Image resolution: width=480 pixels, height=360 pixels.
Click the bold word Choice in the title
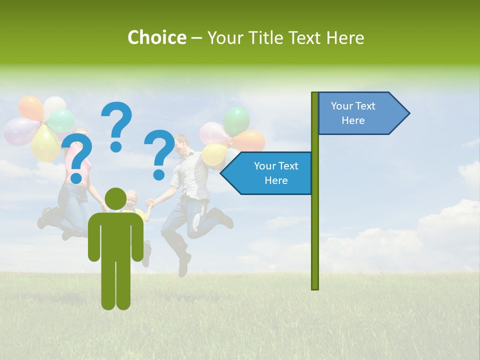tap(156, 37)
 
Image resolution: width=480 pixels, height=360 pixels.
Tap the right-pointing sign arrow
tap(362, 113)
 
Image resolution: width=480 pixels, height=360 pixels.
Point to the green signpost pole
tap(315, 225)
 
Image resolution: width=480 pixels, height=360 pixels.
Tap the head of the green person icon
tap(116, 199)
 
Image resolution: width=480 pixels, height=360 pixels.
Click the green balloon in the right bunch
tap(236, 120)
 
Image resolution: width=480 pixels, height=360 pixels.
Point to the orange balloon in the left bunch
tap(31, 107)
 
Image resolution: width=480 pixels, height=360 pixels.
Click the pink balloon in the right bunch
tap(213, 133)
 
